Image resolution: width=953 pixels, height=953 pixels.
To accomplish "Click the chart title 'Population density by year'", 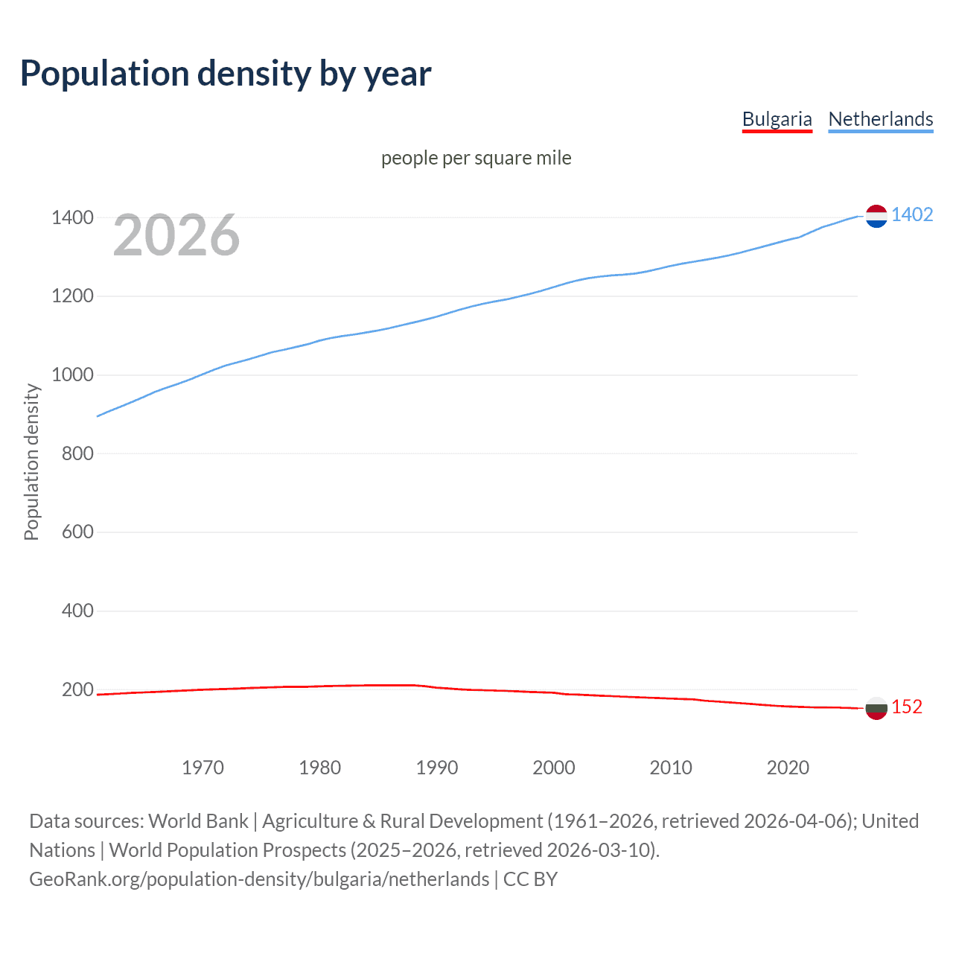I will click(x=225, y=74).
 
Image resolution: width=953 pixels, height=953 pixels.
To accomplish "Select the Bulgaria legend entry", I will click(x=777, y=119).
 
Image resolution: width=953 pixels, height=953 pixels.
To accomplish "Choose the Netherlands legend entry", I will click(x=880, y=119).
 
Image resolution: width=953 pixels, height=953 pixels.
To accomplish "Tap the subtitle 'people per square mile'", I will click(x=476, y=158).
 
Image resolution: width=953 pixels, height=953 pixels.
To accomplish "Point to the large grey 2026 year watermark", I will click(x=176, y=235).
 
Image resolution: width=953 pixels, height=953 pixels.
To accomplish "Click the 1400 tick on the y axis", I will click(x=72, y=218).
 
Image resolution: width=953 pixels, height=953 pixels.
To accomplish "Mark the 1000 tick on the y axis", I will click(x=72, y=375).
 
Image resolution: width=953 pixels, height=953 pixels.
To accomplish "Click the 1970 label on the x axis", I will click(x=203, y=768).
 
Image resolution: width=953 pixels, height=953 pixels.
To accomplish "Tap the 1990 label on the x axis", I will click(x=437, y=768).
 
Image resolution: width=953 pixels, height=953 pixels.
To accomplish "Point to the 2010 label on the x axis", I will click(x=671, y=768).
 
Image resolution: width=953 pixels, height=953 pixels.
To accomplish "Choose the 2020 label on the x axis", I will click(x=788, y=768).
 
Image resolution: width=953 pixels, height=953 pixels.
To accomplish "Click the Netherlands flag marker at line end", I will click(x=876, y=216).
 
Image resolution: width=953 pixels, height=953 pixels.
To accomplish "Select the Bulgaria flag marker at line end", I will click(x=876, y=708).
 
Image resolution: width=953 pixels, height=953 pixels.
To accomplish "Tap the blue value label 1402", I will click(x=912, y=215).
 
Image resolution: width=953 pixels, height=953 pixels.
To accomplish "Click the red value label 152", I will click(x=907, y=707).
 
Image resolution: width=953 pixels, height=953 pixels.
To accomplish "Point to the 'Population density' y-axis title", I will click(x=31, y=462).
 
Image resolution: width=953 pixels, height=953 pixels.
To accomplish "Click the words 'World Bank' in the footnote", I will click(x=198, y=821).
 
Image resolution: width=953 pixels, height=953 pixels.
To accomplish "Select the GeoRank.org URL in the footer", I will click(x=259, y=879).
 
